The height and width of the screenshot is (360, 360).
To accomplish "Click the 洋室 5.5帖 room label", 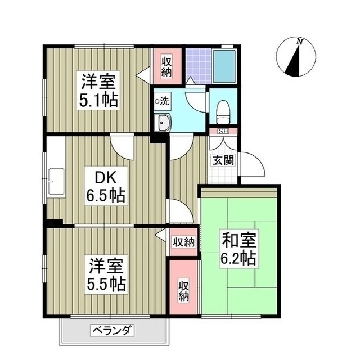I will point(106,272).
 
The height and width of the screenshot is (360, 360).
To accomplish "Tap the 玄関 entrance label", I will point(220,159).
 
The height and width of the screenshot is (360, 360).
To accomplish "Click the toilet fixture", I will point(223,111).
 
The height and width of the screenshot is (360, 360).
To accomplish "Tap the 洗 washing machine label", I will point(163,101).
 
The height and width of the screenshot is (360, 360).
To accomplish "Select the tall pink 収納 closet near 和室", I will point(183,290).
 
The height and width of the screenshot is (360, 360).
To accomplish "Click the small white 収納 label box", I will point(183,242).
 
